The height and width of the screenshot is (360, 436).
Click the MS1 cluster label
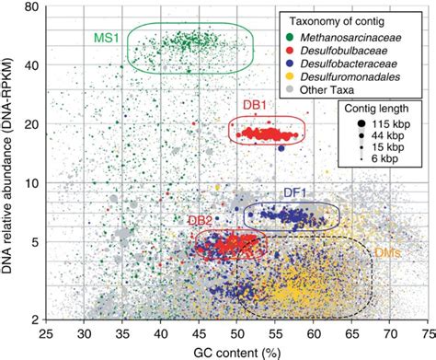pyautogui.click(x=104, y=39)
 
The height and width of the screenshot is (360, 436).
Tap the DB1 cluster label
pyautogui.click(x=253, y=106)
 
